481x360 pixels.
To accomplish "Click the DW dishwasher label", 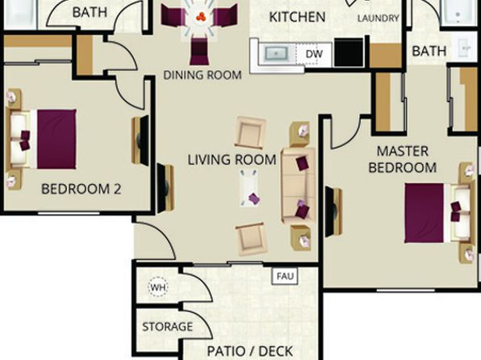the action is click(x=314, y=54).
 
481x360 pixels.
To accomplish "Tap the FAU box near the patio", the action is click(x=285, y=276).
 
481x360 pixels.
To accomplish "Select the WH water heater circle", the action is click(x=158, y=287).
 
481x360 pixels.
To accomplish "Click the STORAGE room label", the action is click(x=168, y=327).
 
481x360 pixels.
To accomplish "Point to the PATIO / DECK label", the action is click(x=250, y=351).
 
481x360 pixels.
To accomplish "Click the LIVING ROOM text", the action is click(x=232, y=160).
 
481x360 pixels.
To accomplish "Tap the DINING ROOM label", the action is click(x=203, y=75).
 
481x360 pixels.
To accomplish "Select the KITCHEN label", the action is click(x=297, y=17).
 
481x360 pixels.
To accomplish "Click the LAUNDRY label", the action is click(x=379, y=19).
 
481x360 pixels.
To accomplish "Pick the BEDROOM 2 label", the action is click(x=82, y=189).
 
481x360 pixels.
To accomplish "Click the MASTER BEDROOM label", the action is click(x=403, y=159).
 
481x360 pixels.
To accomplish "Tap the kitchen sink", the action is click(x=276, y=54).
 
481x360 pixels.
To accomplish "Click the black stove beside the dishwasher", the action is click(x=349, y=52).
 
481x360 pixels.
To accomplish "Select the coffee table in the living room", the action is click(x=249, y=188).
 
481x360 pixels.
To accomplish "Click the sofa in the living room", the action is click(x=299, y=186).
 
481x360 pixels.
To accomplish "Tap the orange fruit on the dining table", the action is click(x=201, y=17).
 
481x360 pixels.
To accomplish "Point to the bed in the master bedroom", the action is click(x=437, y=213).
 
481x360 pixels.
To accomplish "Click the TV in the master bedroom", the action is click(x=333, y=211).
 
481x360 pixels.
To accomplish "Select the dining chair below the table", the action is click(x=199, y=51).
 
